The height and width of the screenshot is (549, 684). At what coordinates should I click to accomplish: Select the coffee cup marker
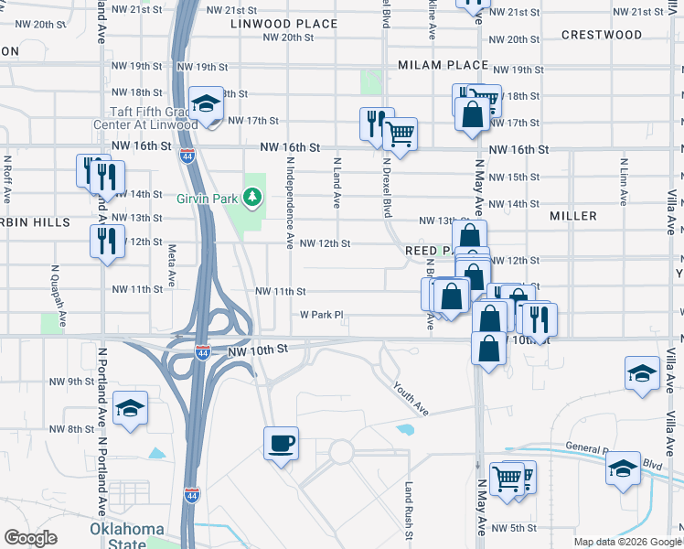pyautogui.click(x=281, y=444)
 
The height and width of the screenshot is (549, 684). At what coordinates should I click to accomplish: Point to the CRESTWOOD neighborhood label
pyautogui.click(x=602, y=35)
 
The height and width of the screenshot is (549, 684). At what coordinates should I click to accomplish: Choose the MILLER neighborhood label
pyautogui.click(x=573, y=216)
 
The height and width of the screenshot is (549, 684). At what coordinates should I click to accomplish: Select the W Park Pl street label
pyautogui.click(x=321, y=315)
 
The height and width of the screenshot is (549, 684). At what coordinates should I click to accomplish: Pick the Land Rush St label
pyautogui.click(x=411, y=511)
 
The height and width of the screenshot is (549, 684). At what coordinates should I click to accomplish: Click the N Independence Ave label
pyautogui.click(x=289, y=202)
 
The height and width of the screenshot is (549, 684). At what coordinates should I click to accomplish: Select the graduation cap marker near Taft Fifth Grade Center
pyautogui.click(x=207, y=102)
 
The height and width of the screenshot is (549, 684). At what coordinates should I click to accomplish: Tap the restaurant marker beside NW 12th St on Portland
pyautogui.click(x=107, y=242)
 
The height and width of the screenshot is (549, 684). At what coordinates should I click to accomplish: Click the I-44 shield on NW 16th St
pyautogui.click(x=187, y=156)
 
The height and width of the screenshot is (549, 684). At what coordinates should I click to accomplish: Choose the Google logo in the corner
pyautogui.click(x=30, y=538)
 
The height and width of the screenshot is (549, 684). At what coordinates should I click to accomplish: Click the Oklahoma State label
pyautogui.click(x=127, y=536)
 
